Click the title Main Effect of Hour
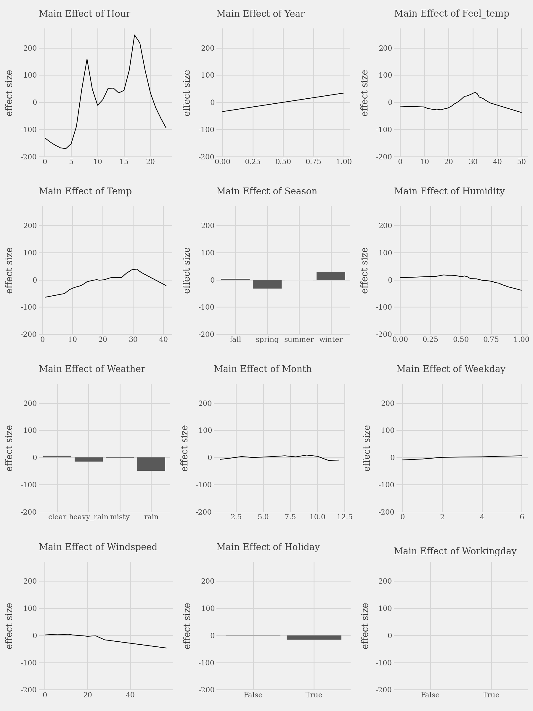tap(84, 14)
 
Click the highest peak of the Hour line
tap(134, 35)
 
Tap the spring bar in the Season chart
tap(267, 284)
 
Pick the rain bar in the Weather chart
tap(151, 464)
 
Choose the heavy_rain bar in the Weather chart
tap(89, 459)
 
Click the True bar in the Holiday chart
tap(314, 638)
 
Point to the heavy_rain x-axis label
tap(89, 517)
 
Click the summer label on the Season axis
tap(299, 340)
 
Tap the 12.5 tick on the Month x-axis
tap(344, 517)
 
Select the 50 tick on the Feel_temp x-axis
tap(521, 162)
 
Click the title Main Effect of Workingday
tap(455, 551)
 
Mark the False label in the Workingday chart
tap(430, 695)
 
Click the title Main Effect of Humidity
tap(449, 191)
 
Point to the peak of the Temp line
tap(137, 269)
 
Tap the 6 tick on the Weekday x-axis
tap(522, 517)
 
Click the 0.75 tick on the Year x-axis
tap(313, 162)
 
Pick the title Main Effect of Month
tap(262, 369)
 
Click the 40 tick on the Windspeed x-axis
tap(130, 695)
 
